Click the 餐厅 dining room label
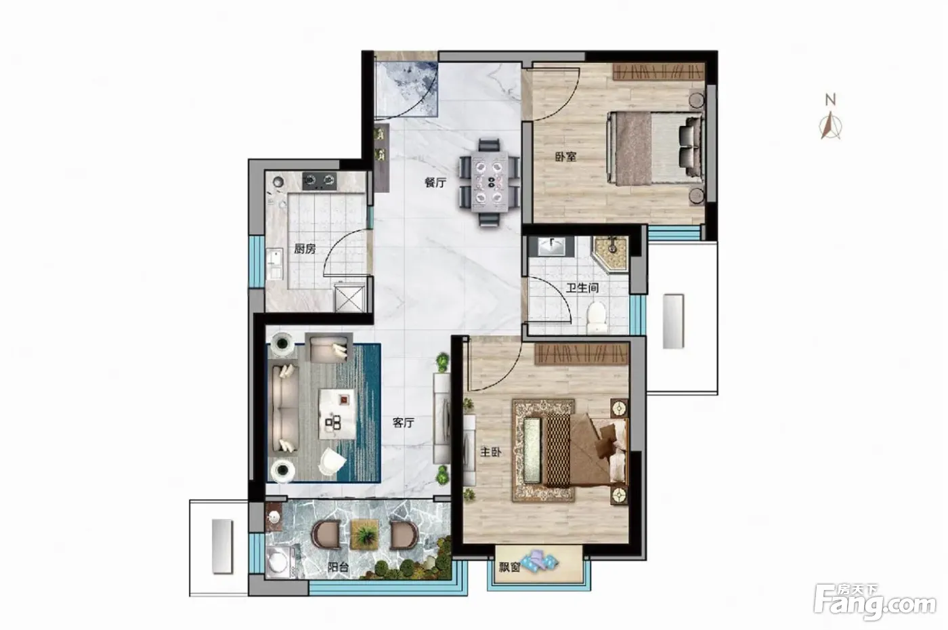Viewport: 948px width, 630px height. (435, 183)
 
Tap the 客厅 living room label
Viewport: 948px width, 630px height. (404, 423)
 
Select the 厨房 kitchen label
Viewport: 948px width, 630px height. (305, 249)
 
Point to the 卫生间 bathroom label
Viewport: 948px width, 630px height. (583, 289)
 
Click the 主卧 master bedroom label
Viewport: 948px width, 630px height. (490, 453)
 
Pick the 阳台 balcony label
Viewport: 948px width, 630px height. (338, 567)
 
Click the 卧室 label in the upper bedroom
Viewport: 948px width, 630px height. (566, 156)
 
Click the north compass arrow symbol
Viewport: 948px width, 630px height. (830, 125)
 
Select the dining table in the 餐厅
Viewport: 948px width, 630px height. (490, 182)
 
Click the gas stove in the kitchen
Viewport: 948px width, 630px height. (320, 182)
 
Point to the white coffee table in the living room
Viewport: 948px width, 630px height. (337, 414)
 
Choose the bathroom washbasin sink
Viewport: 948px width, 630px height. (551, 247)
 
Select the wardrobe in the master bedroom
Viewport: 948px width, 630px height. (581, 354)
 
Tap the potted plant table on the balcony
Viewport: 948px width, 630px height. (364, 535)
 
